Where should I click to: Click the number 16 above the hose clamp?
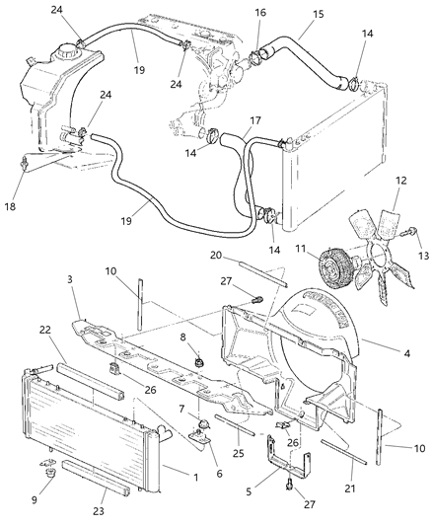click(x=260, y=13)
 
